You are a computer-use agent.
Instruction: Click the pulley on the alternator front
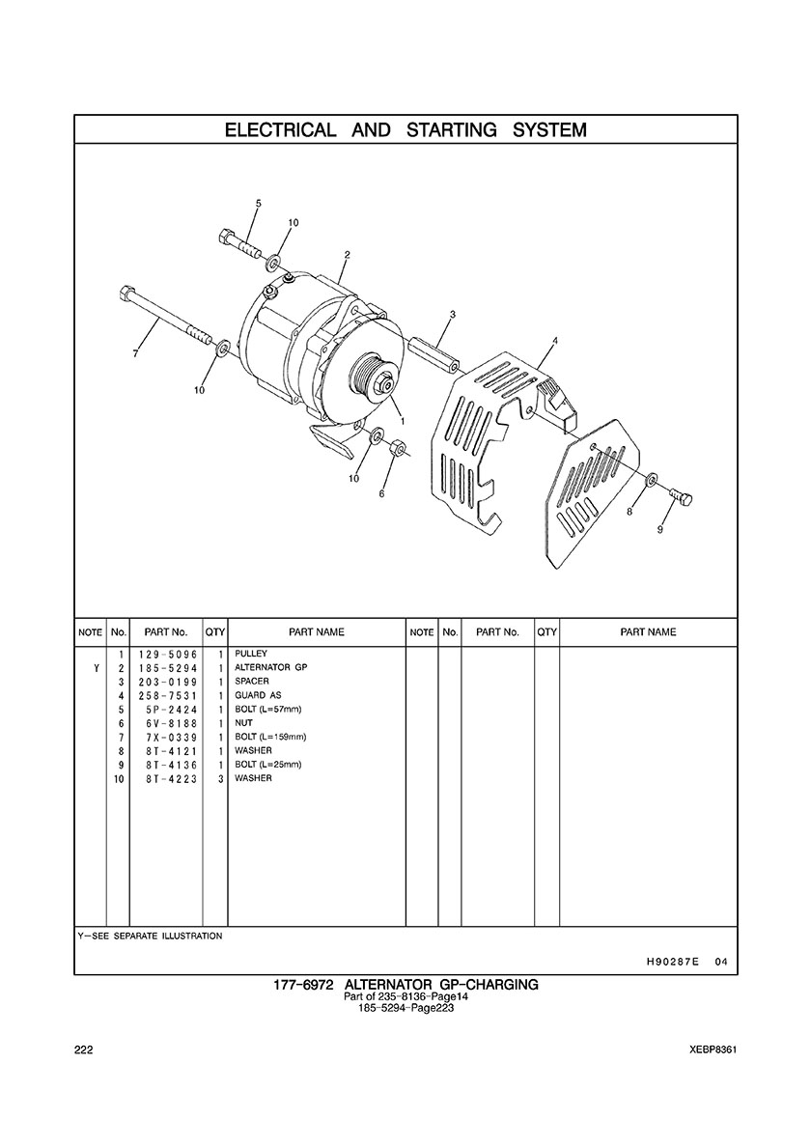373,375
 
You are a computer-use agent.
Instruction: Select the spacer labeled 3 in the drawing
434,351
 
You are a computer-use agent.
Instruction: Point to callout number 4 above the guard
555,341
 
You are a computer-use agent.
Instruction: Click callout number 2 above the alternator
347,255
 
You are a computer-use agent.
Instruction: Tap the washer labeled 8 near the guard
651,481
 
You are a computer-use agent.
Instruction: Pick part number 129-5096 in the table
167,654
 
